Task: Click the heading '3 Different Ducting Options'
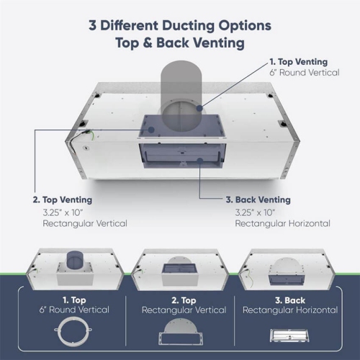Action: coord(180,25)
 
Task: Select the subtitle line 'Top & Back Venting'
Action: coord(180,42)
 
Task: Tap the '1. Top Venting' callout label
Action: coord(298,62)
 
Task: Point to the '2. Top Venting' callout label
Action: coord(62,199)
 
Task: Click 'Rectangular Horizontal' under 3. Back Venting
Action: coord(282,223)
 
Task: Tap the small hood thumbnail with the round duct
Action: coord(75,268)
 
